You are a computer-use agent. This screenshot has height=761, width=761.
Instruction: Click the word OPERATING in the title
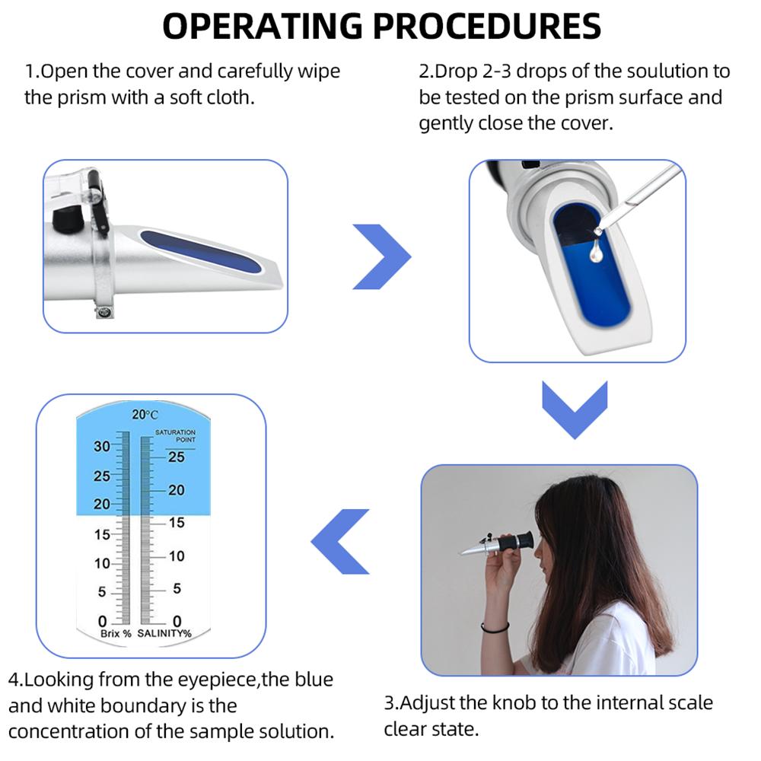click(x=262, y=27)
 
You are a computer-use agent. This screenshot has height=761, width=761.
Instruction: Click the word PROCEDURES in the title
click(x=487, y=27)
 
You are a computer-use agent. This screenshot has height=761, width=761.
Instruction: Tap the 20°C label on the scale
click(x=145, y=415)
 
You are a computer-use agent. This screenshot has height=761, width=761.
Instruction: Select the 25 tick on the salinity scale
click(x=176, y=457)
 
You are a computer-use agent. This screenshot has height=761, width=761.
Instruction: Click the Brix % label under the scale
click(x=116, y=633)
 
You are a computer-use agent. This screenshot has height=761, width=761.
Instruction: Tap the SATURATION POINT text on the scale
click(x=175, y=436)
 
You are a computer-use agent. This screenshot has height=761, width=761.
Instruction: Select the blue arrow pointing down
click(x=575, y=409)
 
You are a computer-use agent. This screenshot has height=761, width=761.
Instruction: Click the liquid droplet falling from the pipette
click(x=596, y=251)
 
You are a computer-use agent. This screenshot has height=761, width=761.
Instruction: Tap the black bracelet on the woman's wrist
click(x=495, y=628)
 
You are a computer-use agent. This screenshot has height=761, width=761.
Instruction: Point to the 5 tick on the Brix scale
click(x=103, y=592)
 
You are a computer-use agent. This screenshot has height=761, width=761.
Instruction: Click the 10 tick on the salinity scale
click(x=176, y=556)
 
